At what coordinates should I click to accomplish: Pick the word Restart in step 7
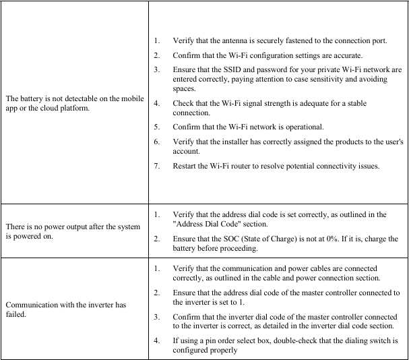pyautogui.click(x=185, y=167)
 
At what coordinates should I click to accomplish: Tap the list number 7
pyautogui.click(x=156, y=167)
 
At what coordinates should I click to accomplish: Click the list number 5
pyautogui.click(x=156, y=127)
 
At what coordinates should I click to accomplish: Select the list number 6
pyautogui.click(x=156, y=143)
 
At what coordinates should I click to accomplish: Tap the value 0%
pyautogui.click(x=320, y=239)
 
